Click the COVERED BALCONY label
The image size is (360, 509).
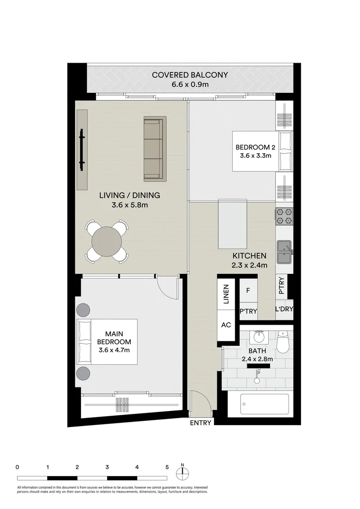189,75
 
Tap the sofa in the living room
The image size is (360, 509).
154,149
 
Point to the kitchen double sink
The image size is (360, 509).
284,251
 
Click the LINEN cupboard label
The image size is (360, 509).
226,295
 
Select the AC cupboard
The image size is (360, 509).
226,325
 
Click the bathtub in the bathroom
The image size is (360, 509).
264,404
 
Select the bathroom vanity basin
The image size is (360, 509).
259,337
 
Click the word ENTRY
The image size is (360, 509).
200,423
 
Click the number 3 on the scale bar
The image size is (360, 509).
107,468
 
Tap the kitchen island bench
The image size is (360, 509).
232,224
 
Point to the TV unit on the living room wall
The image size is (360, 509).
82,149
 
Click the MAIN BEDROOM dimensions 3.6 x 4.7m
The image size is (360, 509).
114,350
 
